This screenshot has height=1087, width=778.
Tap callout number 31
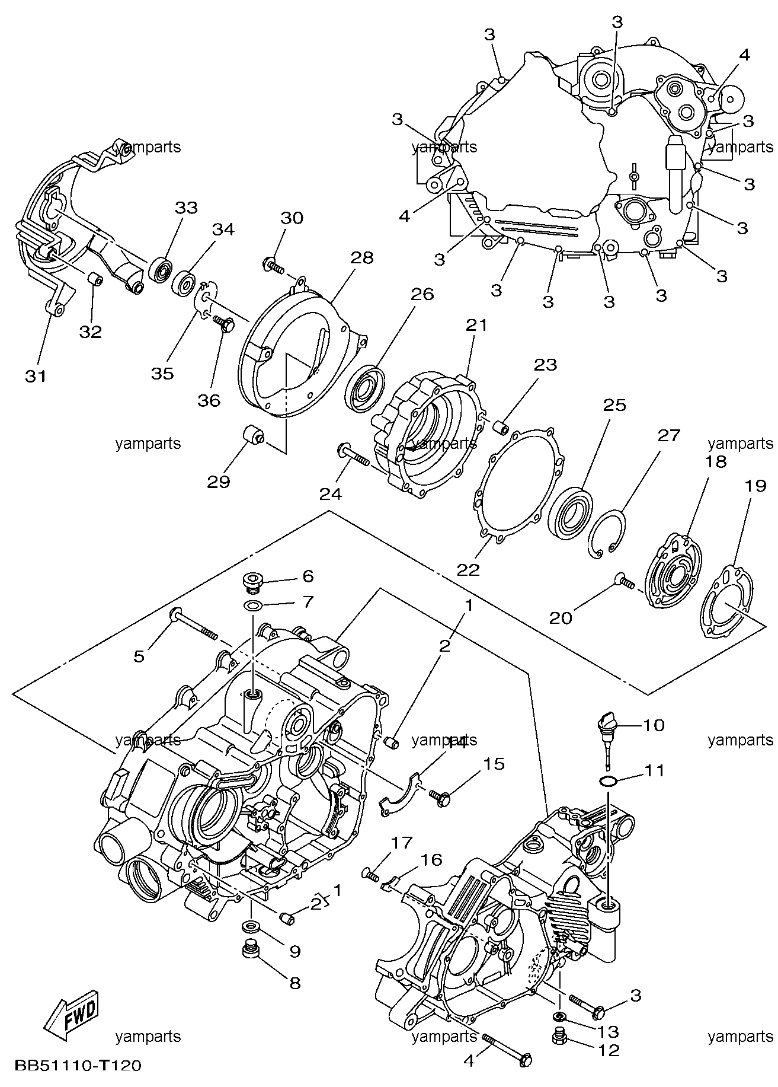[36, 376]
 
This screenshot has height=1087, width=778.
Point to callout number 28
[362, 257]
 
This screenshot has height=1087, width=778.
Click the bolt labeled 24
[354, 454]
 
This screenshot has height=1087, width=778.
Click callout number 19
[755, 486]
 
